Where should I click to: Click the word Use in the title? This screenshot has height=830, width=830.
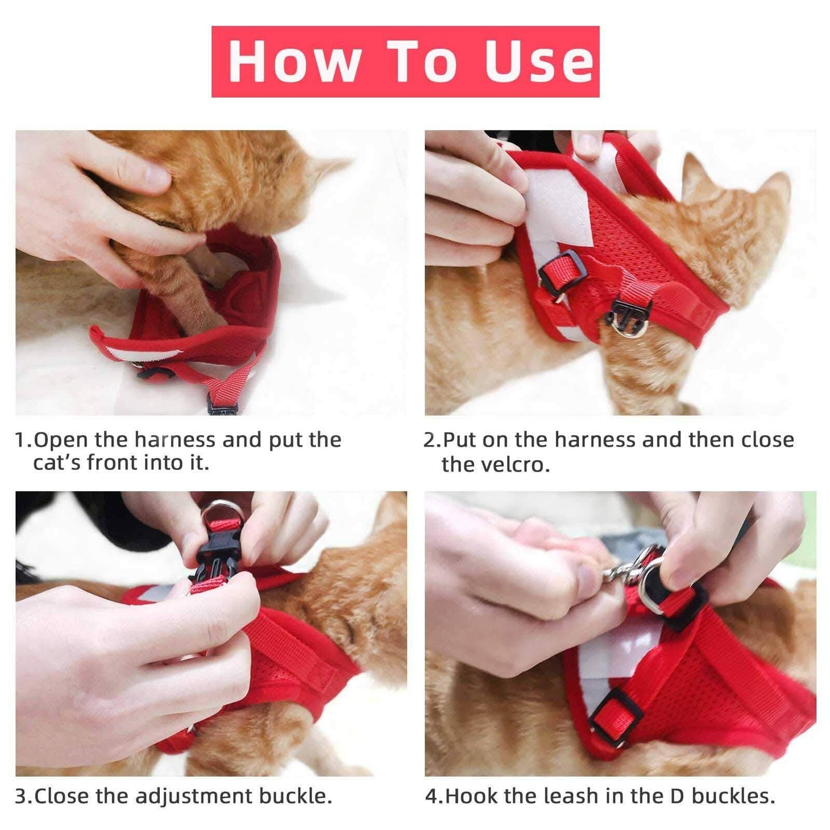538,61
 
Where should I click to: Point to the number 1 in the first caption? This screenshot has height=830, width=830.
20,440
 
